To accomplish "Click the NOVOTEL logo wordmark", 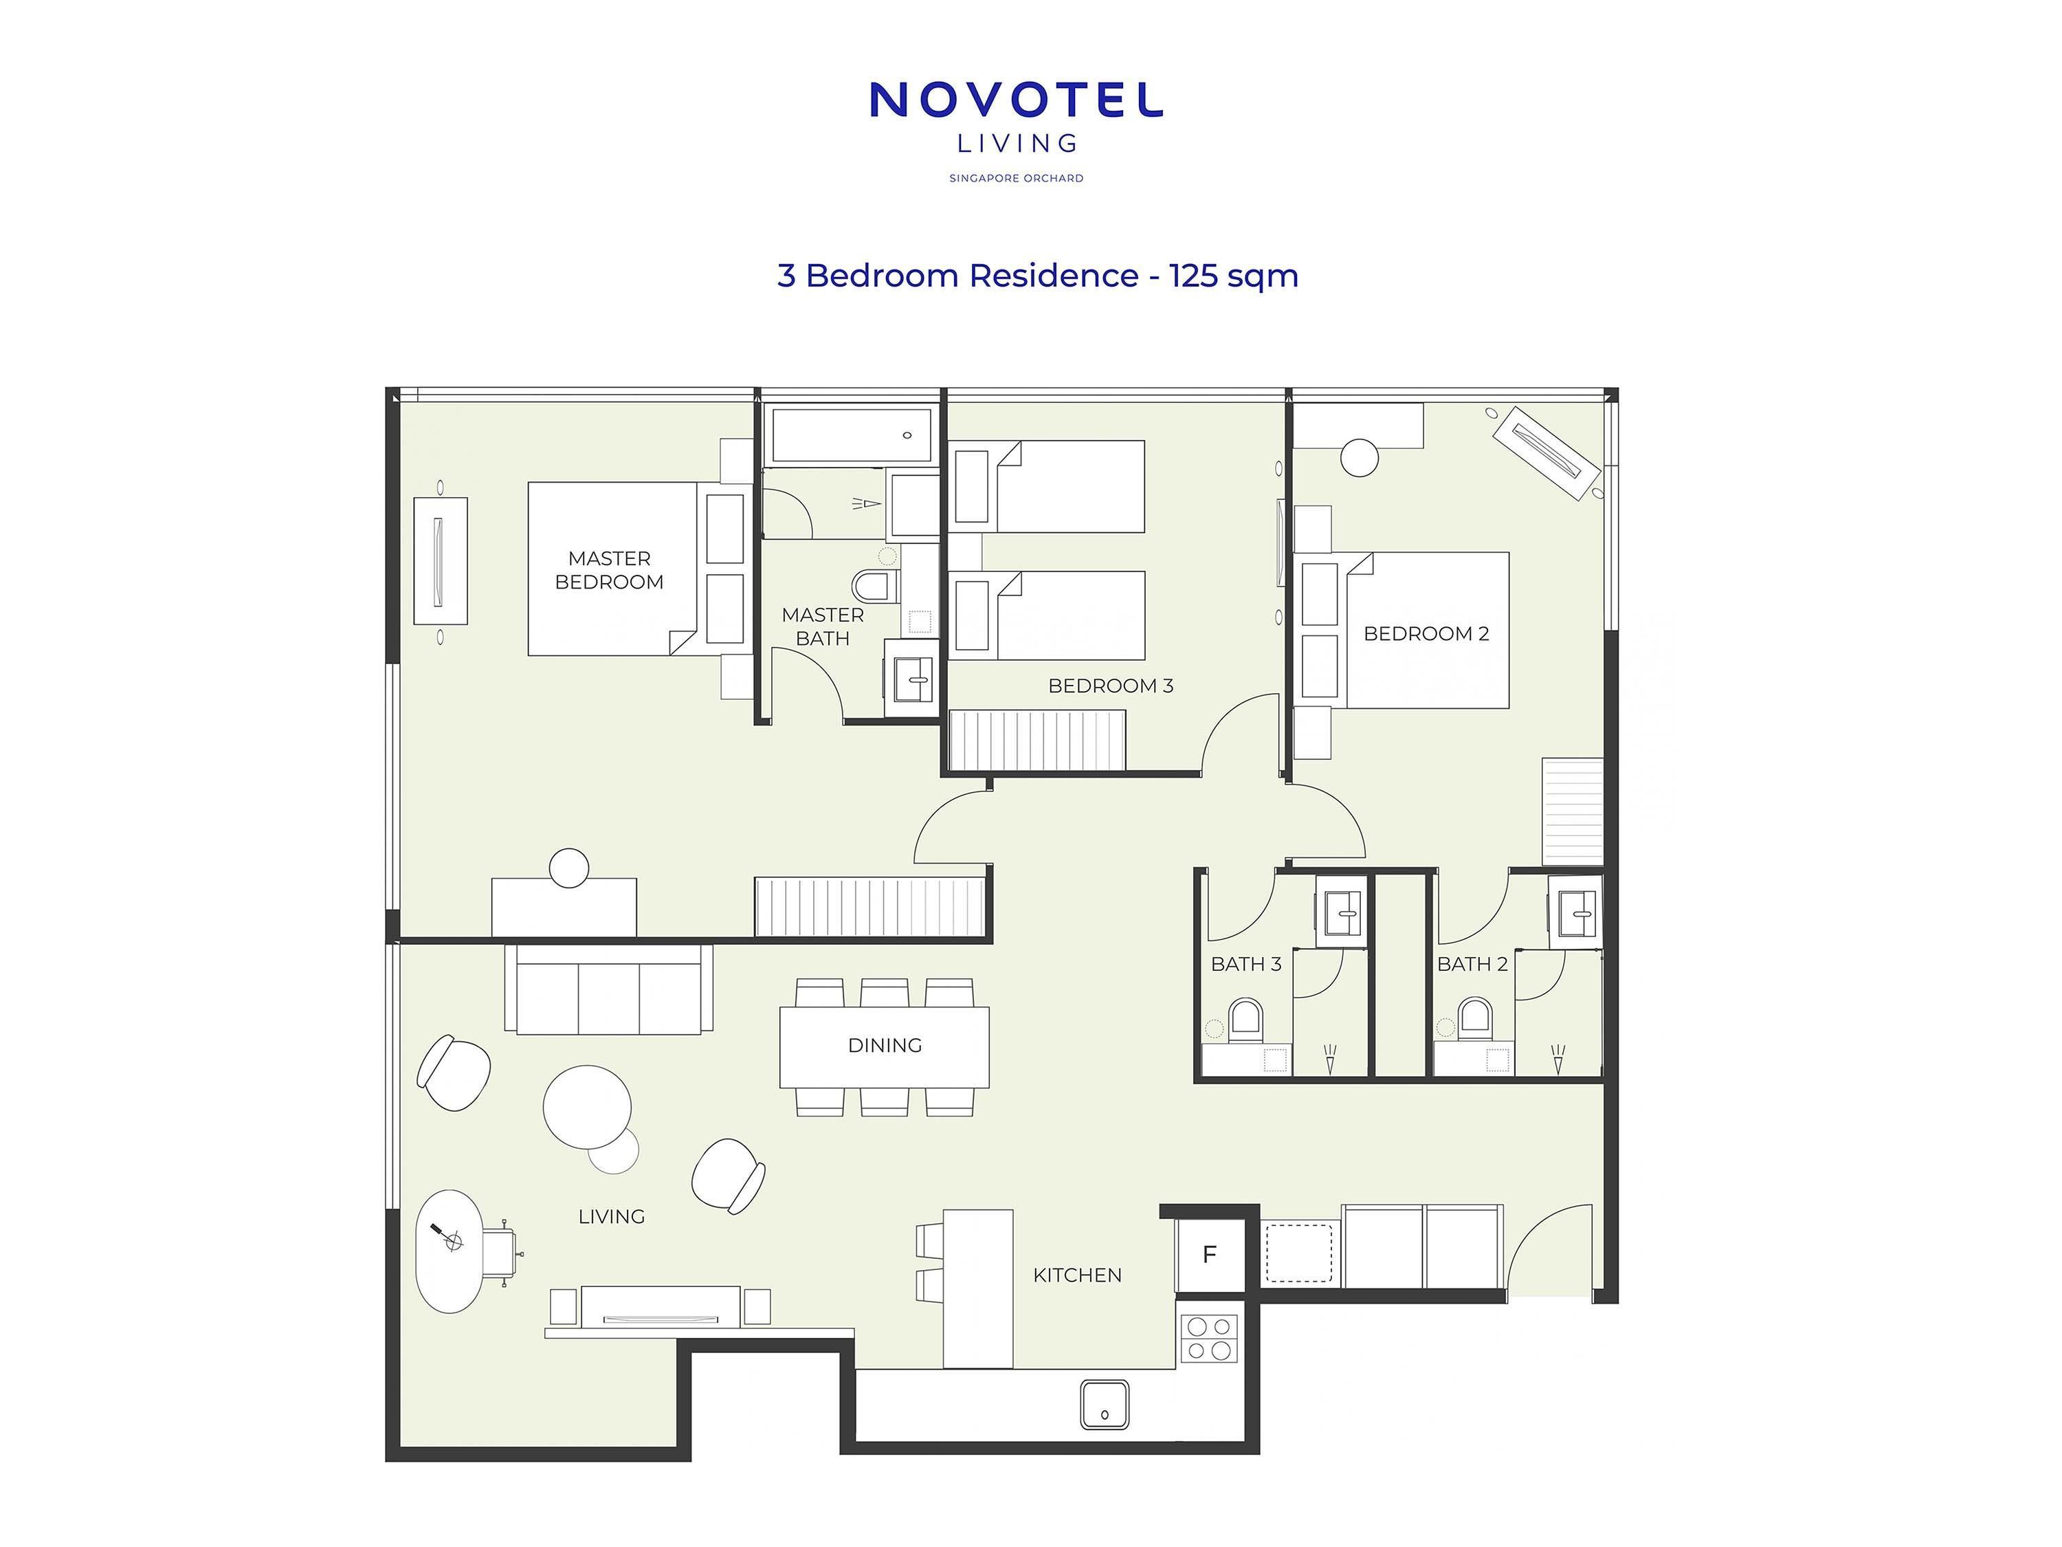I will (x=1016, y=100).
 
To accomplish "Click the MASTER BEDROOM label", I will (x=610, y=570).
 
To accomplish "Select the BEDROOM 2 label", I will (x=1426, y=634).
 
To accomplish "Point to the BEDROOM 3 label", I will (x=1110, y=686).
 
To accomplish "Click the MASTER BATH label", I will (x=822, y=626).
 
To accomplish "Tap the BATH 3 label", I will (x=1245, y=964).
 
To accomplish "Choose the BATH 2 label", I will (x=1472, y=964).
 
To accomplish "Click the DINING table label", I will (x=885, y=1045).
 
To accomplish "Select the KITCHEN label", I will (x=1076, y=1275).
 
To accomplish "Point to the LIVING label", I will (x=612, y=1216).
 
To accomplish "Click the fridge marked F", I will (x=1210, y=1255).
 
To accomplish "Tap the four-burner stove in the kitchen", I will (x=1209, y=1338).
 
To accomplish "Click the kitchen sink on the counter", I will (x=1105, y=1403).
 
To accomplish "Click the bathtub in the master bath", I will (x=850, y=435).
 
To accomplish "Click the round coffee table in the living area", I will (x=587, y=1107).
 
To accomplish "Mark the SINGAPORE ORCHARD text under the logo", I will (x=1016, y=178).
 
